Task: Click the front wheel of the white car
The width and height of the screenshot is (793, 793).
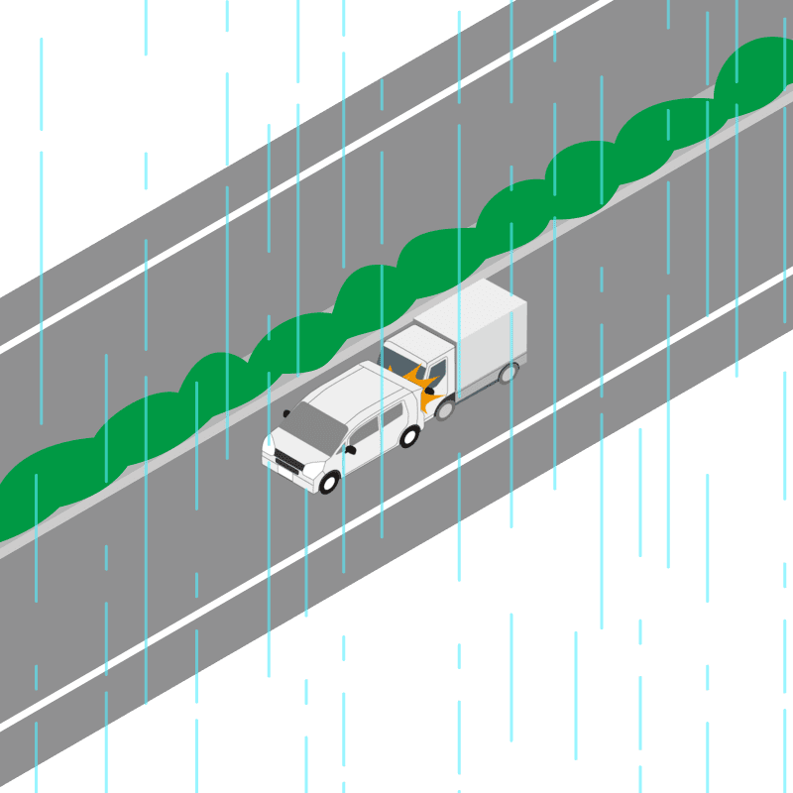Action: [328, 482]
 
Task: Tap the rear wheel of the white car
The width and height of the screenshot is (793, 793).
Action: [408, 436]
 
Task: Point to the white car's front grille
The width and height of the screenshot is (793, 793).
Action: [288, 462]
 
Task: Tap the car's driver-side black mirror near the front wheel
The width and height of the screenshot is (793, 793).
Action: [349, 450]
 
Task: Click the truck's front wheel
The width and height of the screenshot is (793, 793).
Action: [445, 407]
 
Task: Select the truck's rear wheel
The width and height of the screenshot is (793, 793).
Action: [509, 373]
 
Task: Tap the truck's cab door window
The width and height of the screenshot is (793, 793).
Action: [436, 375]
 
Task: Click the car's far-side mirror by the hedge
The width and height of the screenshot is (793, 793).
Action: [286, 412]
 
